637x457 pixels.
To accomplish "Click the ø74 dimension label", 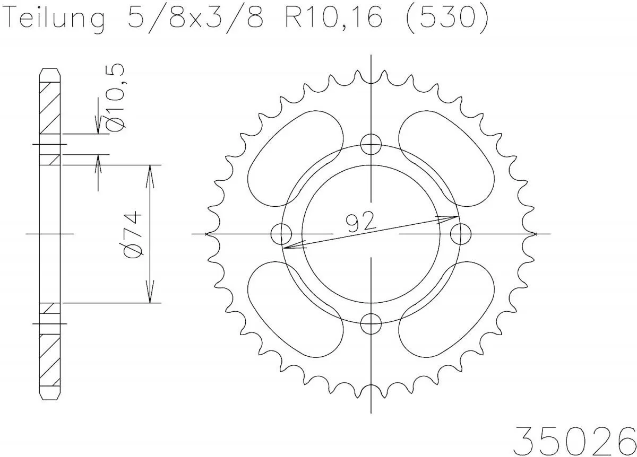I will click(x=133, y=234).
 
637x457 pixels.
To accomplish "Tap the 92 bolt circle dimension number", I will click(x=359, y=222).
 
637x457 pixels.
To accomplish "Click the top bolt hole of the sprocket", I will click(x=371, y=143).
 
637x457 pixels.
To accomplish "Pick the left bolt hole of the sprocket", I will click(x=281, y=233).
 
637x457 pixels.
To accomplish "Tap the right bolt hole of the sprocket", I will click(x=460, y=233).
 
